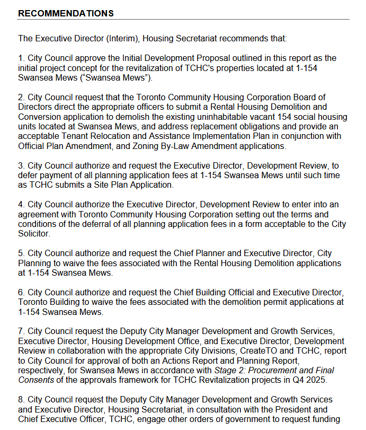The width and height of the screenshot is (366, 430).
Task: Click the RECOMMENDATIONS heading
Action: pyautogui.click(x=66, y=13)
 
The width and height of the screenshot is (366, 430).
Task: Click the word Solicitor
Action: pyautogui.click(x=34, y=233)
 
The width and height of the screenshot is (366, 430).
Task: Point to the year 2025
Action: pyautogui.click(x=321, y=380)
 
